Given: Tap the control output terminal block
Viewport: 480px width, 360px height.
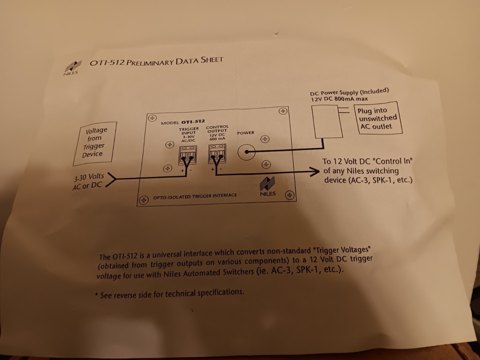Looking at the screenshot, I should pyautogui.click(x=217, y=154).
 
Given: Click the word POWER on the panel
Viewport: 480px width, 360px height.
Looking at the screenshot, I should pyautogui.click(x=246, y=132).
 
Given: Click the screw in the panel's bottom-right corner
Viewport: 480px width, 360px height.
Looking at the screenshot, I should pyautogui.click(x=289, y=195).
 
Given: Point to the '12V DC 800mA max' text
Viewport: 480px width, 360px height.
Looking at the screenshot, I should pyautogui.click(x=338, y=98).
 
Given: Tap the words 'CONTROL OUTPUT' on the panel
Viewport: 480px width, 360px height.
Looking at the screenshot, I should pyautogui.click(x=217, y=130).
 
